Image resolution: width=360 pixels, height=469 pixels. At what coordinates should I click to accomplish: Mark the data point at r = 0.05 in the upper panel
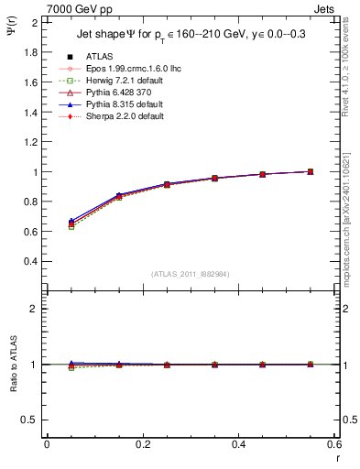click(x=71, y=224)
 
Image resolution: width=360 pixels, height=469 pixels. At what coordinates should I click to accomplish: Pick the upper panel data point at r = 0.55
click(x=310, y=171)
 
